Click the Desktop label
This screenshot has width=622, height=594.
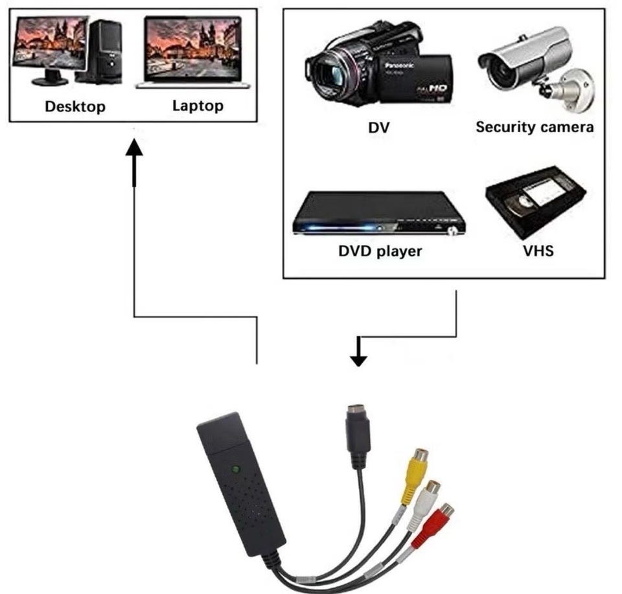point(75,106)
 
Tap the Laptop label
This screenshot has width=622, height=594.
point(198,106)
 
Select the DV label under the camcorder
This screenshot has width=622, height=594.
point(379,127)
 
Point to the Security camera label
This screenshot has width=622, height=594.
point(535,127)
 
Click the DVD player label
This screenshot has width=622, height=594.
point(380,251)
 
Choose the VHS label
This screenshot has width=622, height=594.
point(538,251)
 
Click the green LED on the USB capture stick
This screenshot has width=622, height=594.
point(235,470)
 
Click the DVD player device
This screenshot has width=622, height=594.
point(379,214)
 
